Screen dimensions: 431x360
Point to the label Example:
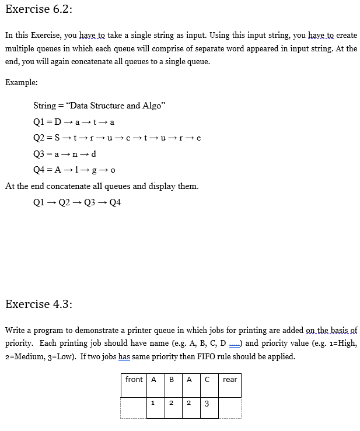pos(22,82)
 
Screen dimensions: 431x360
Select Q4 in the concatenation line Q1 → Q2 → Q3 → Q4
pos(114,202)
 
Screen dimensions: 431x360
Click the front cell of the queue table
pos(134,380)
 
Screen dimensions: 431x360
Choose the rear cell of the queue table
pos(230,380)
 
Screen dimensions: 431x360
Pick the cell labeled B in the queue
pos(171,380)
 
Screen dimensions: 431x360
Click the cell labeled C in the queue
pos(206,380)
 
